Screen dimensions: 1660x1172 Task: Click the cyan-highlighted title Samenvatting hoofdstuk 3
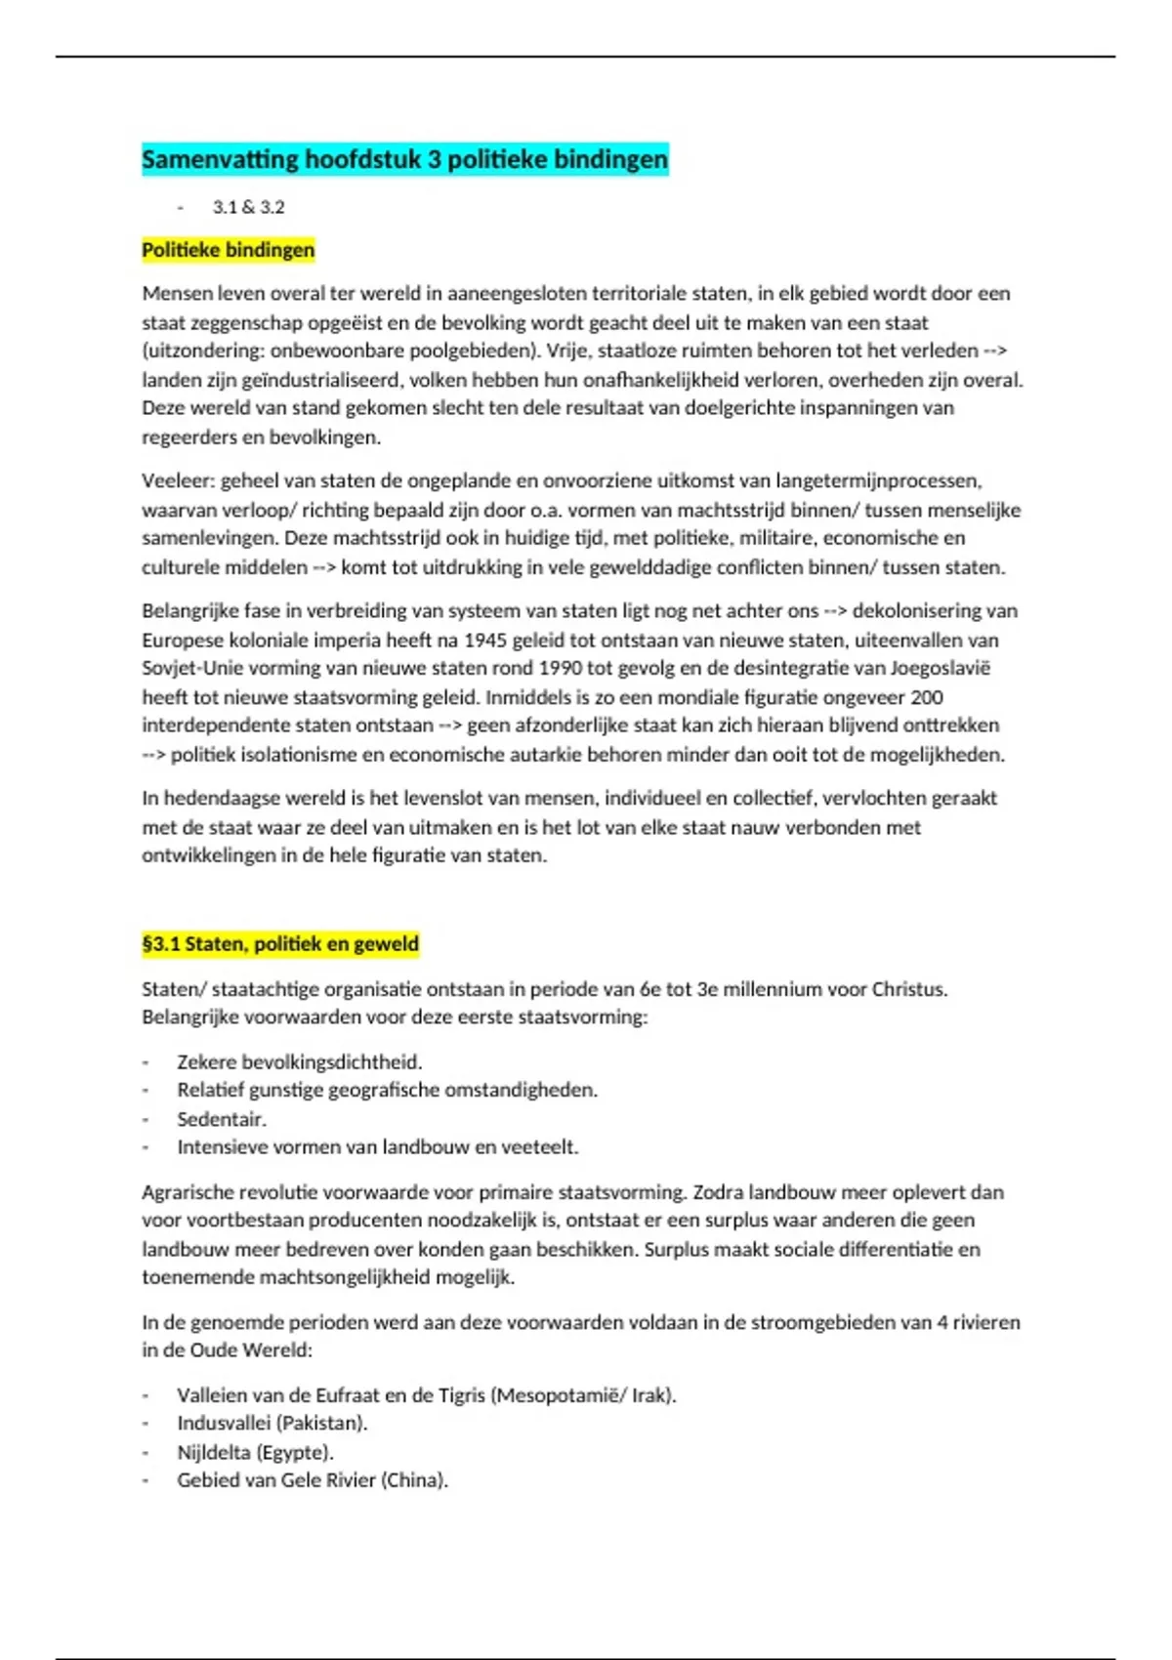(404, 159)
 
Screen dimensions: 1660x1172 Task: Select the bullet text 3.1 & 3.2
(248, 207)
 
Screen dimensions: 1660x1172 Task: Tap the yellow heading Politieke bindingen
(228, 250)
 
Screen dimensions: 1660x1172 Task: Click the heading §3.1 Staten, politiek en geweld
(280, 944)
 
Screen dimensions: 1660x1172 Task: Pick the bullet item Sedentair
(222, 1119)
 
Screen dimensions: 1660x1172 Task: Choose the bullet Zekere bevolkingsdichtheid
(299, 1062)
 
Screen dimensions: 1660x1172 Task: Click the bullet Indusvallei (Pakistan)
(272, 1424)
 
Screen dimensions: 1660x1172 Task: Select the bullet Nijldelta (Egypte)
(255, 1452)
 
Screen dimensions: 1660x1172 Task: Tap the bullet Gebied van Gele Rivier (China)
(312, 1480)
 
